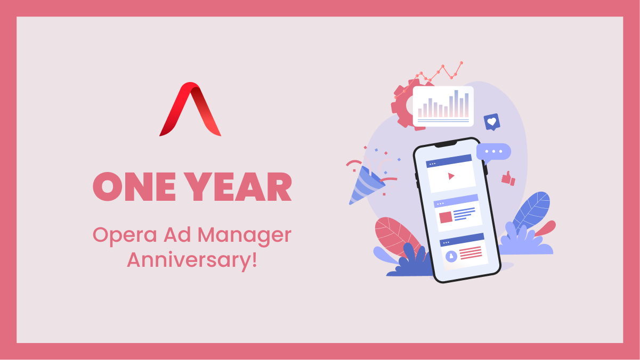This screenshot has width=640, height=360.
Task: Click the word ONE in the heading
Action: tap(134, 187)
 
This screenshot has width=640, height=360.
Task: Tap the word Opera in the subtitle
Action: tap(125, 235)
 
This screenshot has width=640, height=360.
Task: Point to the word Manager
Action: tap(245, 235)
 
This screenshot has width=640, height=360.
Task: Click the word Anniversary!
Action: tap(192, 260)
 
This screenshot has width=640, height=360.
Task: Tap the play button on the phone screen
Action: tap(451, 176)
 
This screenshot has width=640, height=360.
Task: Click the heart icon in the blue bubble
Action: tap(492, 121)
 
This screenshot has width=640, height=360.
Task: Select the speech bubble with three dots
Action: tap(493, 153)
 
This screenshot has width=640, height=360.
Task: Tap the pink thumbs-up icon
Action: tap(508, 179)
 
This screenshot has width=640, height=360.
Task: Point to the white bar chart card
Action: tap(443, 106)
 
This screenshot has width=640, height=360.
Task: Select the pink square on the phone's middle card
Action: tap(445, 217)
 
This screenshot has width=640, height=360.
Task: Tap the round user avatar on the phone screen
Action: tap(451, 256)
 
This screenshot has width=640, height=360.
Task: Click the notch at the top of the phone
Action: tap(445, 144)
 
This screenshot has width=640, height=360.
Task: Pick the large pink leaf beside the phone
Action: tap(397, 237)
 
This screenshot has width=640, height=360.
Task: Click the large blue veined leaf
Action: tap(531, 212)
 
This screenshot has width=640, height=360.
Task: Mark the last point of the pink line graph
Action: tap(461, 63)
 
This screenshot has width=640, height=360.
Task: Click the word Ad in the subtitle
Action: tap(177, 235)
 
